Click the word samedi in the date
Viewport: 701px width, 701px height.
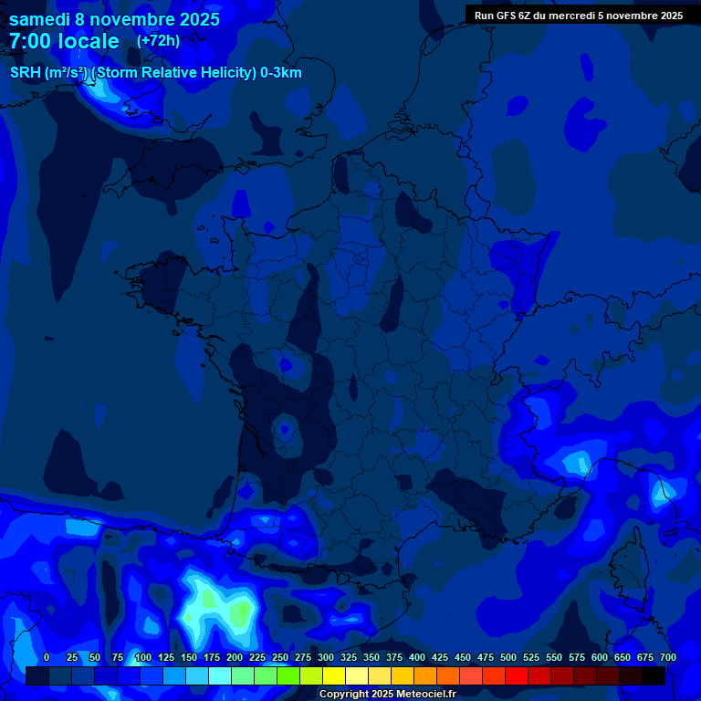[x=41, y=19]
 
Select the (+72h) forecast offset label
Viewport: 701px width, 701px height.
[x=158, y=40]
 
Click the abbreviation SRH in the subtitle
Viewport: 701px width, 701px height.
[x=26, y=73]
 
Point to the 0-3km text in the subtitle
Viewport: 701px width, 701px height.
[x=280, y=73]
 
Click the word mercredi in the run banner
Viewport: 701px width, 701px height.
[x=565, y=16]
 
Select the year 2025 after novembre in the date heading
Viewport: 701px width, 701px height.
[x=194, y=19]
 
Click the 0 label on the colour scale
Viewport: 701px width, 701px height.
[x=47, y=657]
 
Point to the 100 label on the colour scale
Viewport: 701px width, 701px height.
[x=142, y=657]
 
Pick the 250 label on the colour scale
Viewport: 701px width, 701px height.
[x=280, y=657]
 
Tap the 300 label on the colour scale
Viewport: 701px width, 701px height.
[x=326, y=657]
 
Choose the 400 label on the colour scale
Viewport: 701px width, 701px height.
[x=417, y=657]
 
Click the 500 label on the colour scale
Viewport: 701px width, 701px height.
[x=508, y=657]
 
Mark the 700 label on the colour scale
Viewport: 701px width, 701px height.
[x=668, y=657]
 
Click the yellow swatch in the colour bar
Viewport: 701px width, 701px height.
[x=334, y=676]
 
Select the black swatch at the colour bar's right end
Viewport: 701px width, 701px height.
[x=654, y=676]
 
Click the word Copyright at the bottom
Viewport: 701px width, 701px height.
[x=345, y=694]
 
